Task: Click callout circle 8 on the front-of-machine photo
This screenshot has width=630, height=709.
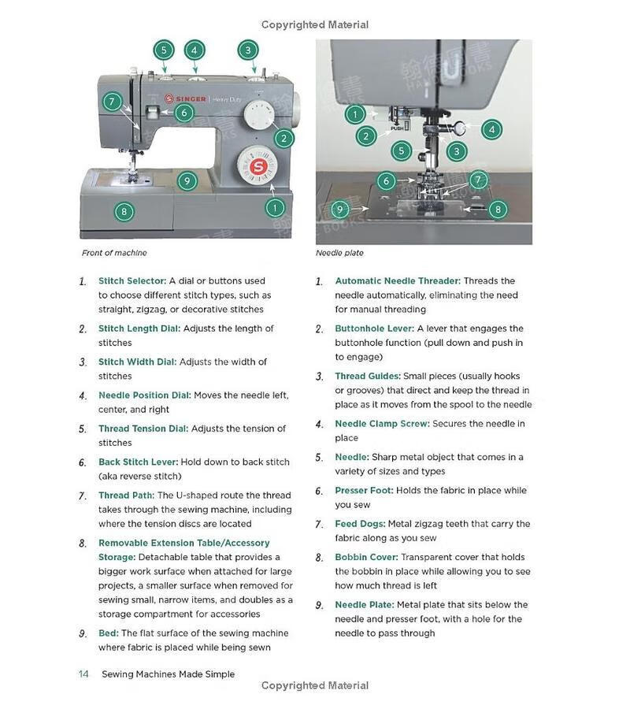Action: (x=123, y=211)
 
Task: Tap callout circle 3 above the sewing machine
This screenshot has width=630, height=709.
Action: (x=248, y=50)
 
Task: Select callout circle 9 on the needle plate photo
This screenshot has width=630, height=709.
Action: (x=339, y=210)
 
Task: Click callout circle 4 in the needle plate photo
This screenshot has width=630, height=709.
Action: (x=491, y=130)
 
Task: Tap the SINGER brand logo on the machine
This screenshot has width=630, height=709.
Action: (x=186, y=99)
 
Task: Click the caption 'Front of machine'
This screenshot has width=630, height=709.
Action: (x=114, y=253)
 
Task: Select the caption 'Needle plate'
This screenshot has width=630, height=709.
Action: (x=339, y=253)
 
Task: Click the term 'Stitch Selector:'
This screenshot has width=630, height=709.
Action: (x=132, y=280)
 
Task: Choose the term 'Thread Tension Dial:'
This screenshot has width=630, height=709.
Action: (x=143, y=429)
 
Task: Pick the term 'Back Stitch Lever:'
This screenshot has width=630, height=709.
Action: (x=138, y=462)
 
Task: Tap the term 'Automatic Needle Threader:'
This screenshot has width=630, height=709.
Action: (x=397, y=280)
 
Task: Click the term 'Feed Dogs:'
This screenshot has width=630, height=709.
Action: (x=360, y=524)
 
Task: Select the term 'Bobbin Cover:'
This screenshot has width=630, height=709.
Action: (x=366, y=557)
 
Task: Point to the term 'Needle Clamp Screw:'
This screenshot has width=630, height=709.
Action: (x=382, y=424)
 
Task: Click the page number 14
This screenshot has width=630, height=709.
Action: (x=83, y=674)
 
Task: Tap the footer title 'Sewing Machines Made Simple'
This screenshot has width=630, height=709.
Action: (x=168, y=674)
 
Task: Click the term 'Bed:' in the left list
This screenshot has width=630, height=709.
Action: (x=109, y=633)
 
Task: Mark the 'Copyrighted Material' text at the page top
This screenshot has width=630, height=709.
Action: (x=315, y=24)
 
